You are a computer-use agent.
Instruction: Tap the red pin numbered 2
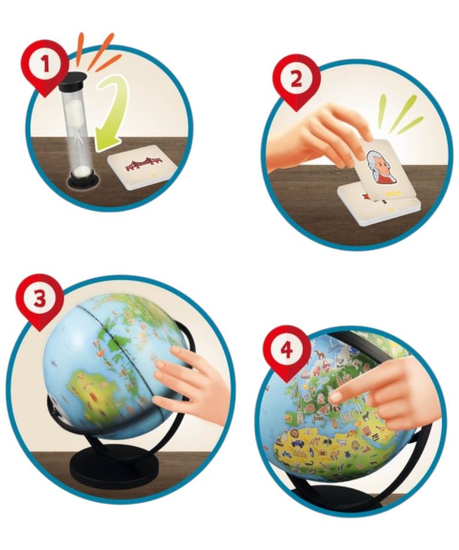tap(297, 80)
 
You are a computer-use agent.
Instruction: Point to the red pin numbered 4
tap(287, 350)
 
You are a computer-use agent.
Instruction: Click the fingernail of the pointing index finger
tap(336, 396)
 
